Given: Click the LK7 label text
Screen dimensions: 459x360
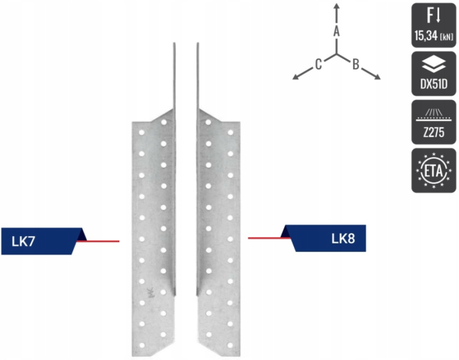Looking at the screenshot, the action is [x=24, y=241].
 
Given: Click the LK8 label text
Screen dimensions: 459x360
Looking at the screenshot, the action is [x=343, y=238].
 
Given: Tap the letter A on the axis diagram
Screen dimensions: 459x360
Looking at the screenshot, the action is [x=337, y=31].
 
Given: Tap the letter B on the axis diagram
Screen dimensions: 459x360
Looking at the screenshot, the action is [x=356, y=64].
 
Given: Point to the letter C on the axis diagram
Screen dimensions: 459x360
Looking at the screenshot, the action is [x=318, y=64].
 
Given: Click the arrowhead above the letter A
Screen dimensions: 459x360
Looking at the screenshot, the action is [x=337, y=6].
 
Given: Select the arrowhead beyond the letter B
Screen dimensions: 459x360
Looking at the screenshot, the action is [x=377, y=77].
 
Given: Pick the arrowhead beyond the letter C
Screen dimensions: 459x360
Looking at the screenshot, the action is [x=296, y=77].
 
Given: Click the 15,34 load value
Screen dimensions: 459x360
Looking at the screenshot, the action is [x=426, y=36].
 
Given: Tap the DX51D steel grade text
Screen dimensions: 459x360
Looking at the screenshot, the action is [x=434, y=84].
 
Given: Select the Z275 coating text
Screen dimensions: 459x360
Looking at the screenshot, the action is [x=434, y=133].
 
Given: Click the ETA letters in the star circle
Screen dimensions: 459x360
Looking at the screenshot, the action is [x=434, y=171].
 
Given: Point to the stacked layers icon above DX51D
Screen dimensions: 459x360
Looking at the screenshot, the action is [x=434, y=64].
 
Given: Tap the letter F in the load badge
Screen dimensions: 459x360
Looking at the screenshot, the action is [x=430, y=16].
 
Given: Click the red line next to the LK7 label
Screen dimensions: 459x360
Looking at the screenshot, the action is [x=98, y=241].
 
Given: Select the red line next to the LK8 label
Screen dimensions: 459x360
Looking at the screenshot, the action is [x=269, y=238].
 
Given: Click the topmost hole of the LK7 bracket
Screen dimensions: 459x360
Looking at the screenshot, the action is [x=164, y=122].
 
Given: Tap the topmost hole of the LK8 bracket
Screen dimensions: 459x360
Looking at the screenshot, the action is [x=208, y=122].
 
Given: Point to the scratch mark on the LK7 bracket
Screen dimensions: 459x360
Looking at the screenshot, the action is [x=150, y=292].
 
